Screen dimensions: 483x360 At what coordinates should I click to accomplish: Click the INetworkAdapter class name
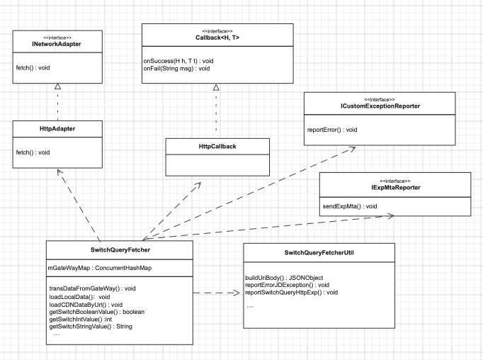57,44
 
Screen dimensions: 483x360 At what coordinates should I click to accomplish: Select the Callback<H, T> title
217,38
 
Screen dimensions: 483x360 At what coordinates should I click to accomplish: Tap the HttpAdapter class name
57,129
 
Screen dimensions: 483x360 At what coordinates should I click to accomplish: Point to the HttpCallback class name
217,147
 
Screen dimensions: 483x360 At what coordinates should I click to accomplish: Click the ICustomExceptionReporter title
380,106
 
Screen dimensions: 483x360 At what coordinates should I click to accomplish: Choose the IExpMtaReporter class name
395,187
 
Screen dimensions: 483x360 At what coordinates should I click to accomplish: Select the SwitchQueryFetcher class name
120,250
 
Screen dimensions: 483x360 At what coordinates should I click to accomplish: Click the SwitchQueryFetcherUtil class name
319,253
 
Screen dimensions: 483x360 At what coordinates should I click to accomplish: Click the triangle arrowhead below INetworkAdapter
57,86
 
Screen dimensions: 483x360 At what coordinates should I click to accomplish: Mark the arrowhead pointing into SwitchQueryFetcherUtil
237,293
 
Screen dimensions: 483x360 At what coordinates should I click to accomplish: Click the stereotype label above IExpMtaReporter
395,181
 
